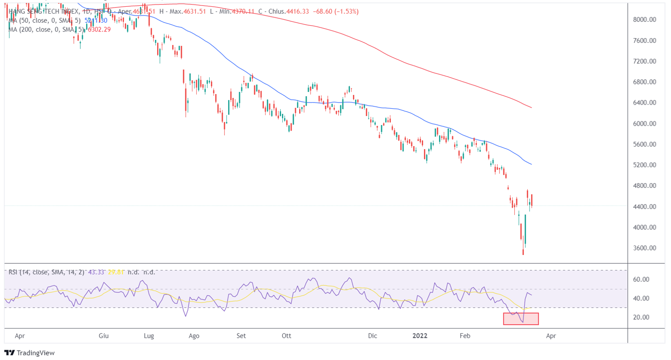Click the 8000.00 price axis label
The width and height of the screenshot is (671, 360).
pyautogui.click(x=644, y=20)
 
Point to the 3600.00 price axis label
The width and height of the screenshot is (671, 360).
pyautogui.click(x=644, y=248)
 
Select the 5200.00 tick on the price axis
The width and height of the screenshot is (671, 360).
pyautogui.click(x=644, y=165)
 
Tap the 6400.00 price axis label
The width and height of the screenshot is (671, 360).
pyautogui.click(x=644, y=103)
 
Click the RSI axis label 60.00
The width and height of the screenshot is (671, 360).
pyautogui.click(x=641, y=280)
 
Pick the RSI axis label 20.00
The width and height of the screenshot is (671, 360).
pyautogui.click(x=641, y=318)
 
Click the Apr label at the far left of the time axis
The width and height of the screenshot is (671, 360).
pyautogui.click(x=20, y=336)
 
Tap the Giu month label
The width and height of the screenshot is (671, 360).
pyautogui.click(x=104, y=336)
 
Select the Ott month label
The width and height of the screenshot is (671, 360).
pyautogui.click(x=286, y=336)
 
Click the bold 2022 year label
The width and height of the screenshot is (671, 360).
pyautogui.click(x=420, y=336)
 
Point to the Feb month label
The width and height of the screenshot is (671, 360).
pyautogui.click(x=465, y=336)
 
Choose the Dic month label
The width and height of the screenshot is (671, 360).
pyautogui.click(x=372, y=336)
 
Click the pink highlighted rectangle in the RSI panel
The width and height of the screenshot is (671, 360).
pyautogui.click(x=521, y=319)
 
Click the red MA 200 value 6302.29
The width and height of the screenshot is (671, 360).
pyautogui.click(x=99, y=30)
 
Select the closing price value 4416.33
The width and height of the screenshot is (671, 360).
pyautogui.click(x=297, y=12)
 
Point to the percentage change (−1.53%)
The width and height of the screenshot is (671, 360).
pyautogui.click(x=346, y=12)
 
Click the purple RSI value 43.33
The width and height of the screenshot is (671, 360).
pyautogui.click(x=96, y=272)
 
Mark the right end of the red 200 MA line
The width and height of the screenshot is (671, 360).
pyautogui.click(x=532, y=108)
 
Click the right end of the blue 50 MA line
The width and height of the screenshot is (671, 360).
pyautogui.click(x=532, y=164)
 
